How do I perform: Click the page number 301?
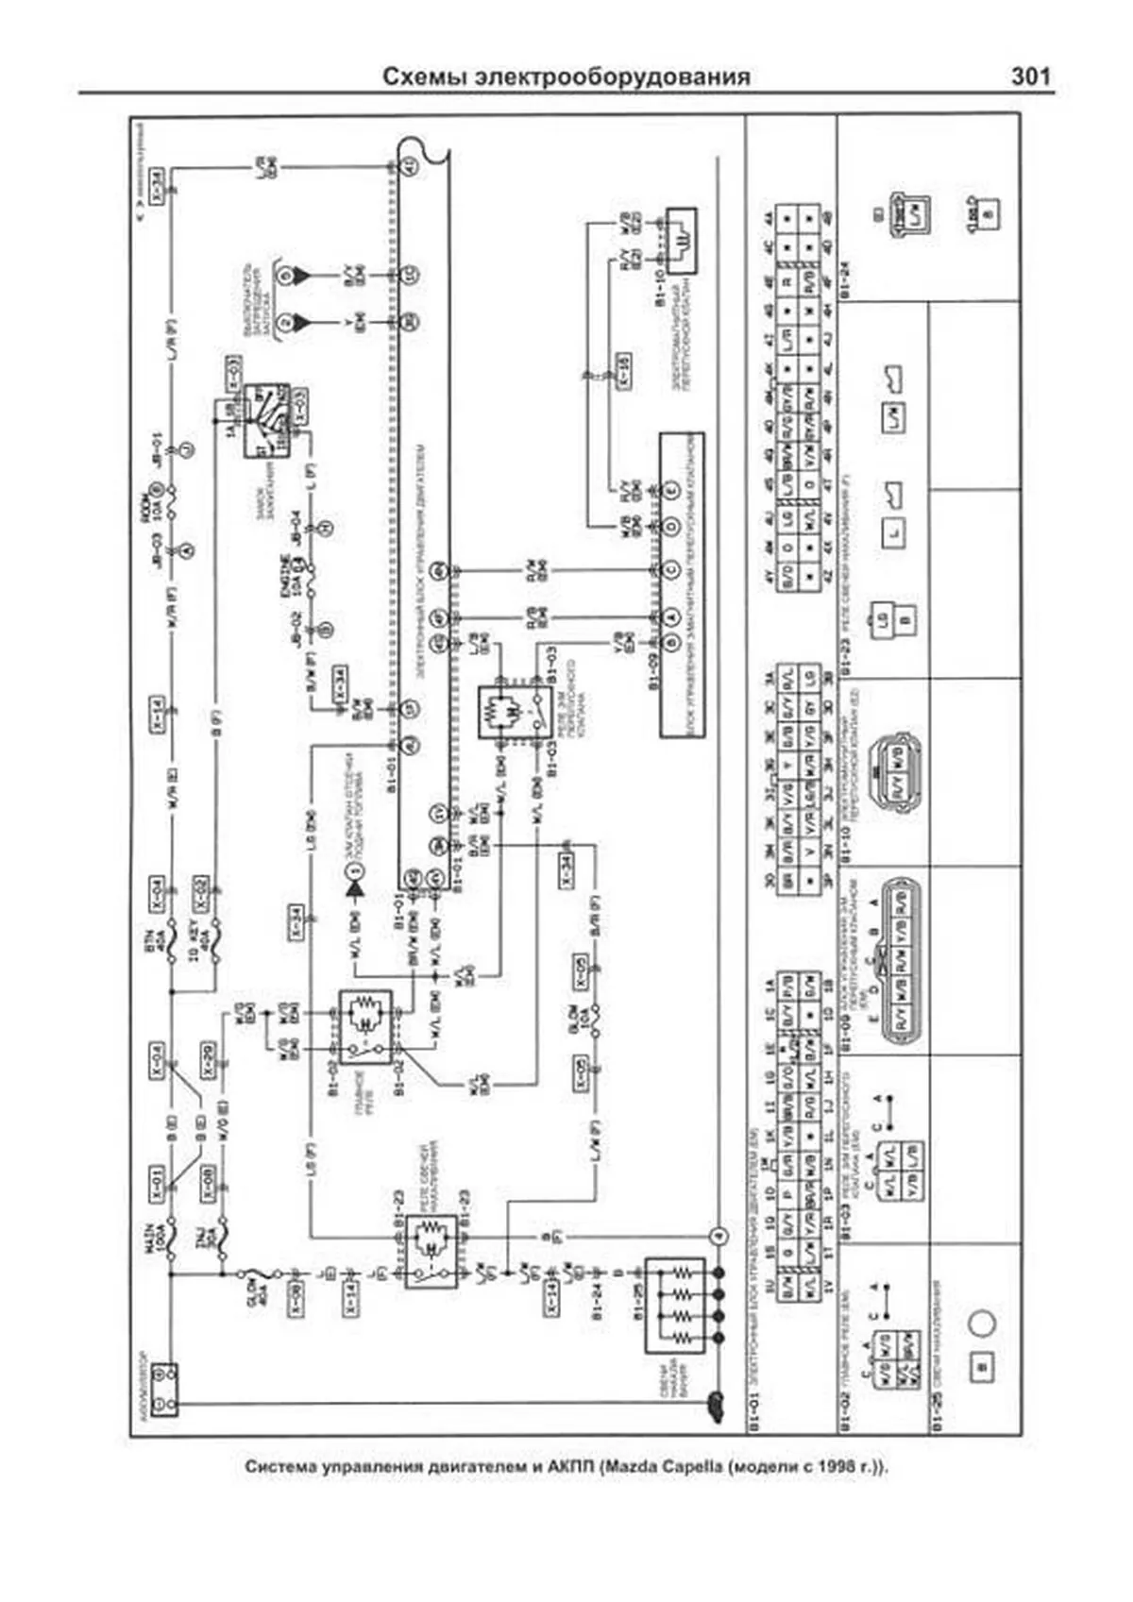1030,76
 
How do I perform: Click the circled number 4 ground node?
718,1236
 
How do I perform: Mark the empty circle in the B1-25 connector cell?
983,1324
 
